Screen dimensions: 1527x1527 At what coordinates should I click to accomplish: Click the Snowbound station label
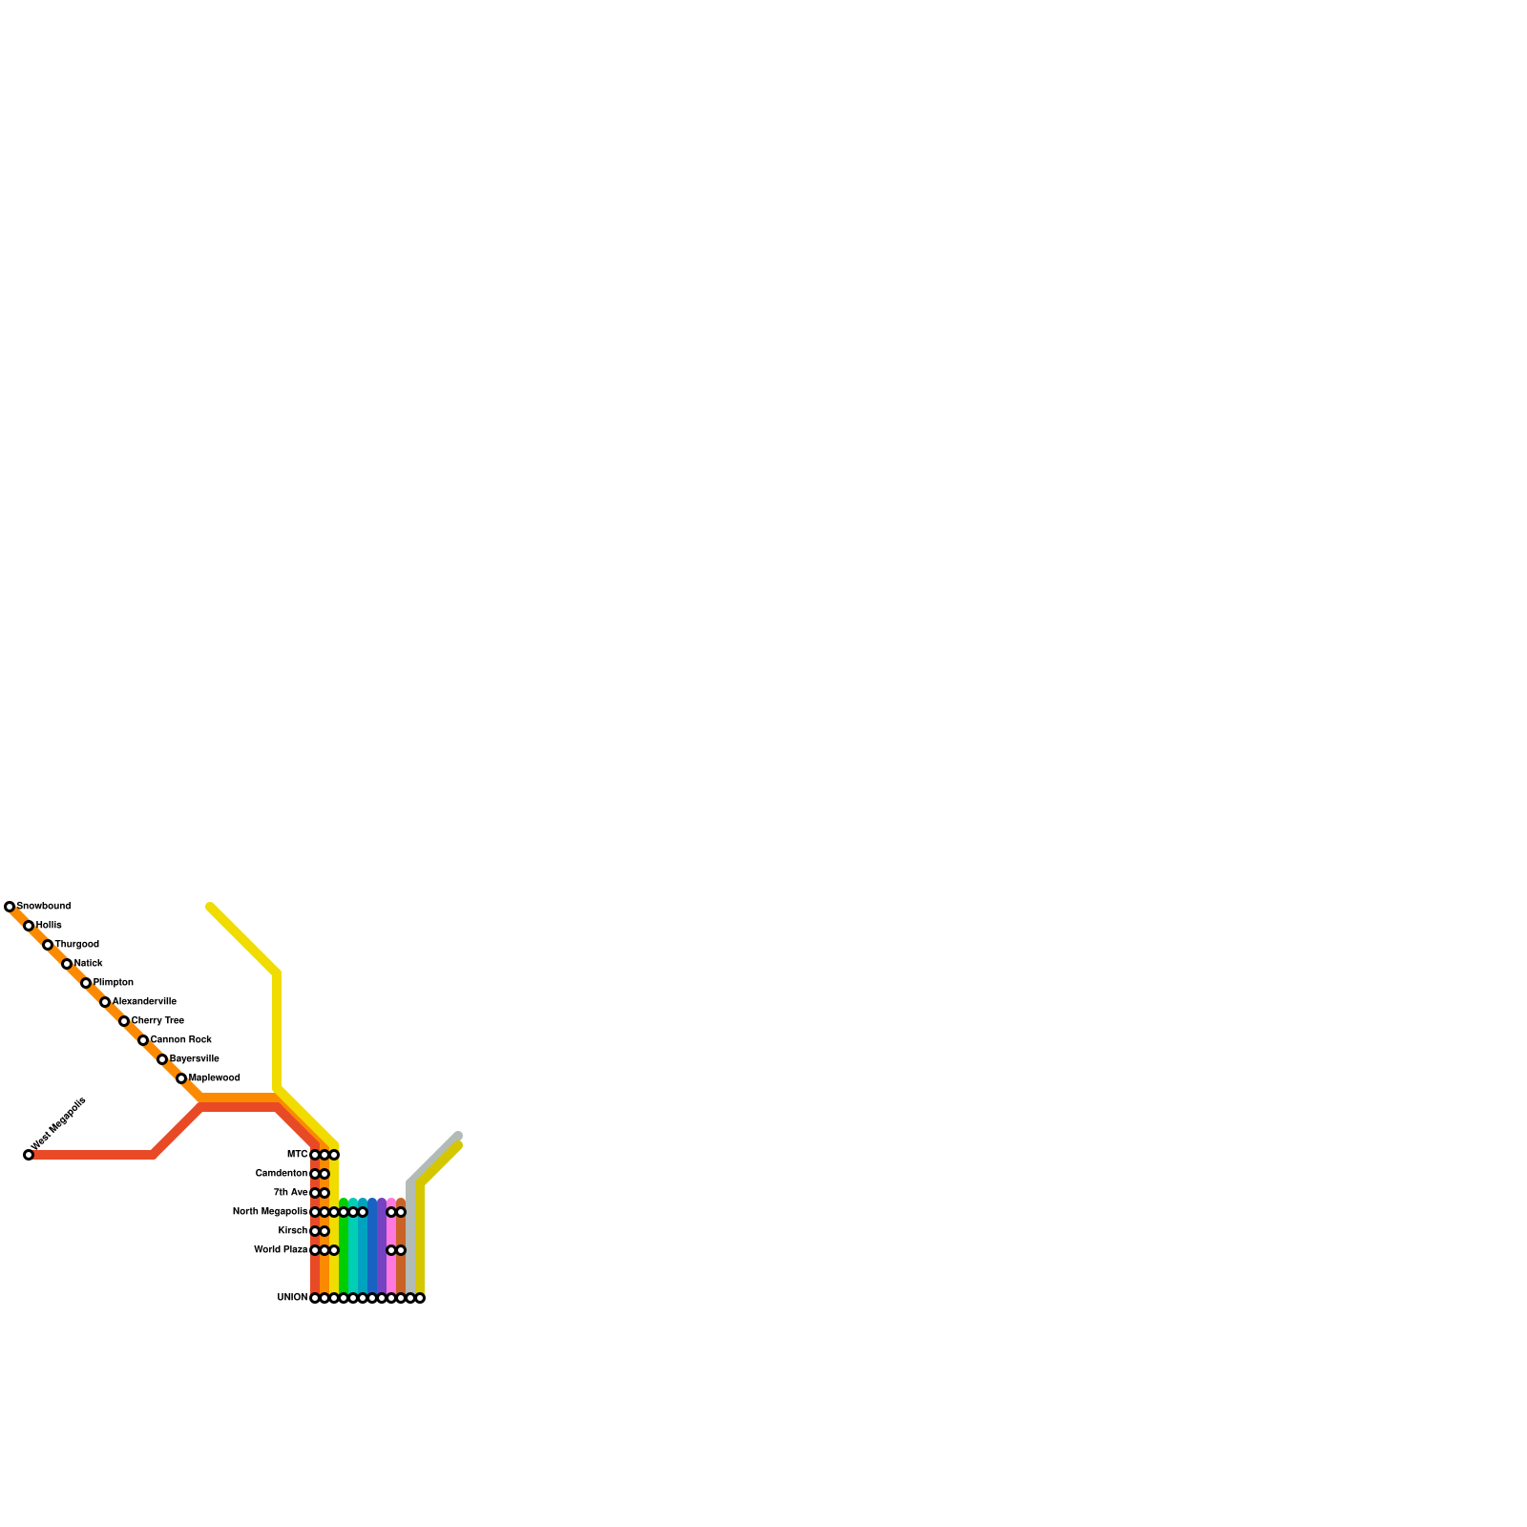[x=44, y=906]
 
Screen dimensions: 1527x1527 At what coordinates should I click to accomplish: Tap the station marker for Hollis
[x=29, y=926]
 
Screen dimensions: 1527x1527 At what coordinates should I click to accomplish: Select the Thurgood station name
[x=76, y=944]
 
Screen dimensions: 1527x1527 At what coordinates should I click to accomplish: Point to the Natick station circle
[x=67, y=964]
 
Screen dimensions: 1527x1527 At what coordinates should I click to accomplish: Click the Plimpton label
[x=113, y=982]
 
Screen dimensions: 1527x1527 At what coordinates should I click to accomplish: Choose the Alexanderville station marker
[x=105, y=1002]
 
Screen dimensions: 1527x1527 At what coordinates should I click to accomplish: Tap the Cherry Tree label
[x=157, y=1020]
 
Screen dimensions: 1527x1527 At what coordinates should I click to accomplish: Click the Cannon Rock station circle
[x=143, y=1040]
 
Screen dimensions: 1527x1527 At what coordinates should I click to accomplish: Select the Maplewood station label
[x=214, y=1077]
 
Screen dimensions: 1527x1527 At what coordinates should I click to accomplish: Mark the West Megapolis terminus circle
[x=29, y=1155]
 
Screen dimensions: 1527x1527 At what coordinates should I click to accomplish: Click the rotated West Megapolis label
[x=59, y=1123]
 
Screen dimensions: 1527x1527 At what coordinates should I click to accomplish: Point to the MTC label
[x=297, y=1155]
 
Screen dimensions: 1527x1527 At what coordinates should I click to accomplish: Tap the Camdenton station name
[x=282, y=1173]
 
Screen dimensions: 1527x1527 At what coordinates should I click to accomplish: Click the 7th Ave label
[x=290, y=1192]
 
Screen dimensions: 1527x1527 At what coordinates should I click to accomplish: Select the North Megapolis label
[x=270, y=1212]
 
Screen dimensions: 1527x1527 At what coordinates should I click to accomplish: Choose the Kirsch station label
[x=293, y=1230]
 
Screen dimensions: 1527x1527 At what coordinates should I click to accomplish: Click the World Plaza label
[x=281, y=1249]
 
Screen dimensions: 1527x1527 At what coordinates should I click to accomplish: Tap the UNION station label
[x=292, y=1298]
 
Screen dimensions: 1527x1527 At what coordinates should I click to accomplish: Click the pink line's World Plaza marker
[x=391, y=1250]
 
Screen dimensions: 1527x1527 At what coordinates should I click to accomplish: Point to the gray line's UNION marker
[x=410, y=1298]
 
